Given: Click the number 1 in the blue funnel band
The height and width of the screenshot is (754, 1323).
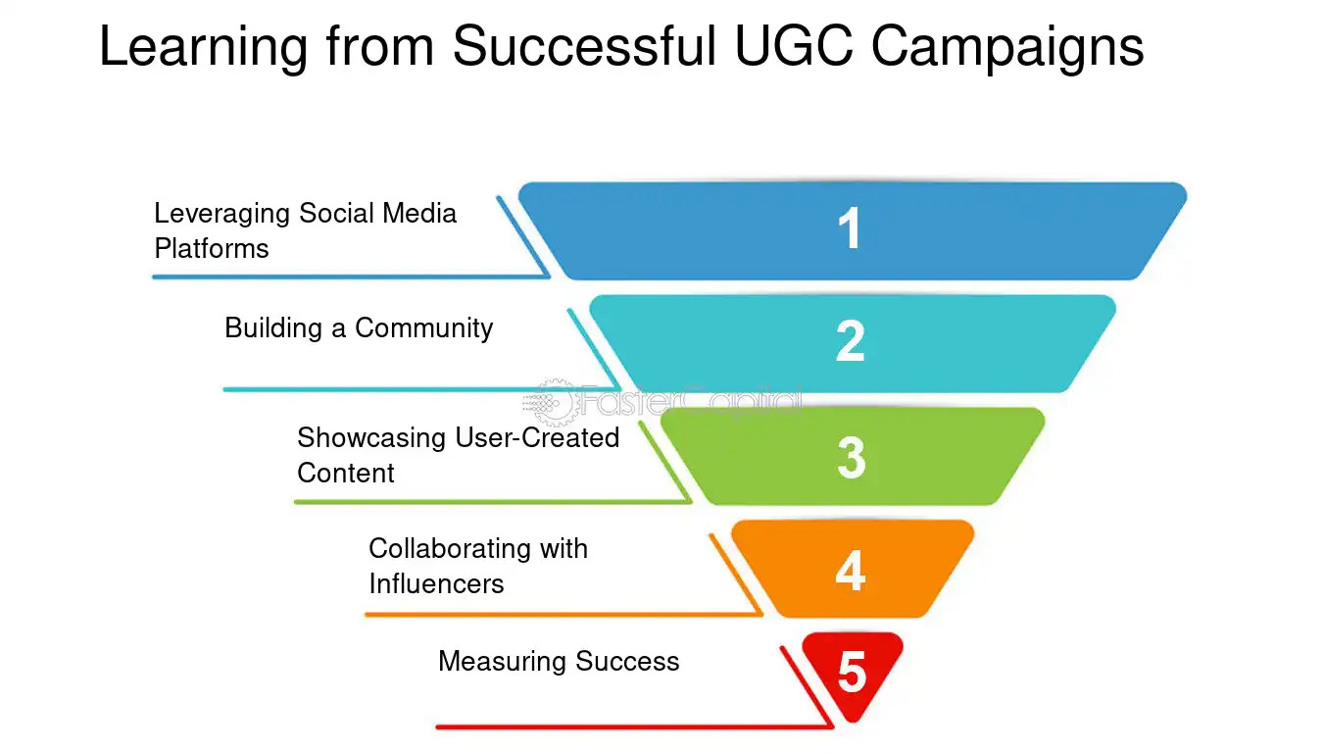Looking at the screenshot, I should pyautogui.click(x=850, y=229).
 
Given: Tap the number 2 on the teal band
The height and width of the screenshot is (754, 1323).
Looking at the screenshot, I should pyautogui.click(x=850, y=341).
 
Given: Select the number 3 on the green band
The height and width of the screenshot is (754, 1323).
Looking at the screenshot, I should pyautogui.click(x=851, y=457).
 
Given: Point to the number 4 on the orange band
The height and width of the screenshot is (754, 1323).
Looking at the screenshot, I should pyautogui.click(x=850, y=571).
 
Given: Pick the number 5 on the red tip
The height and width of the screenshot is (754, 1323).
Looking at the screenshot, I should pyautogui.click(x=852, y=674).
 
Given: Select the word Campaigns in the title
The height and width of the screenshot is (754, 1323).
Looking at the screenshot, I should pyautogui.click(x=1007, y=46).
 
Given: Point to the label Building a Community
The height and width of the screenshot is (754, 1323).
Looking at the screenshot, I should pyautogui.click(x=359, y=327).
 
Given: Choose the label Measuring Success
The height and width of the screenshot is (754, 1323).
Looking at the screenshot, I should pyautogui.click(x=559, y=661).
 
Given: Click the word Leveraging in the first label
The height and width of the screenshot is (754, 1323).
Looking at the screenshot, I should pyautogui.click(x=221, y=214).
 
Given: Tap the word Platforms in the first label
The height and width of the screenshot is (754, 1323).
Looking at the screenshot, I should pyautogui.click(x=212, y=248).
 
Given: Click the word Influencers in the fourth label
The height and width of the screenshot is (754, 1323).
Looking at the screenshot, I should pyautogui.click(x=436, y=583).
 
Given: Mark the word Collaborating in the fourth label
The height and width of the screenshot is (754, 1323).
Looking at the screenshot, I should pyautogui.click(x=449, y=548).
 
